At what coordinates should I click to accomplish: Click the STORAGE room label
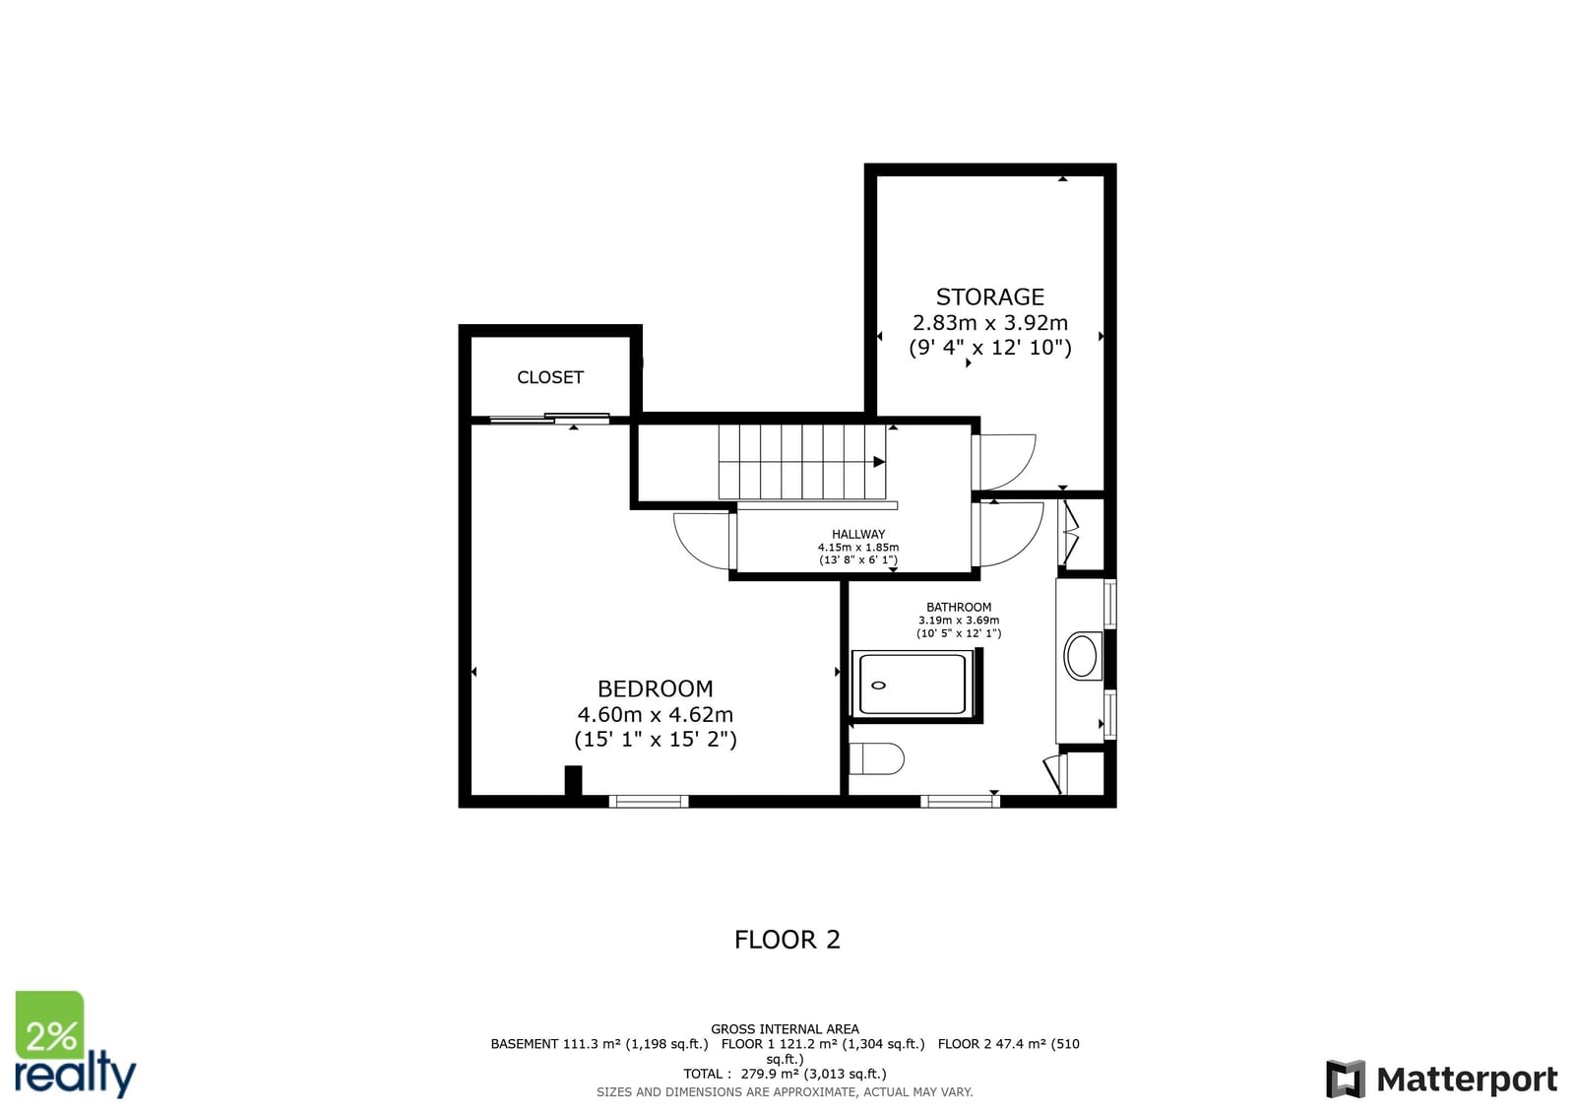(x=989, y=297)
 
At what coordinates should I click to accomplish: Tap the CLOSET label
(x=550, y=378)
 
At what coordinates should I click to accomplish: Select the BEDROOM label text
(x=655, y=688)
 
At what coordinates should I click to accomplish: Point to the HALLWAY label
(x=857, y=534)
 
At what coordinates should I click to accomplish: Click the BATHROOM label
(x=959, y=607)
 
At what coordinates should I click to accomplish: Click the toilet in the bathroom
(x=876, y=759)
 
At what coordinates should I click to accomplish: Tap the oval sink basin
(x=1082, y=655)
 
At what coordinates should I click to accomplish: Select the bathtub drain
(x=878, y=685)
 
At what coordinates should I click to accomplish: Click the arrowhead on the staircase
(x=879, y=462)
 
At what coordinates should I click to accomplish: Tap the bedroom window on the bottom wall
(x=649, y=801)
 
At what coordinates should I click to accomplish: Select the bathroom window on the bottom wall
(x=960, y=801)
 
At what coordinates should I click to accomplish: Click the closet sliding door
(x=549, y=419)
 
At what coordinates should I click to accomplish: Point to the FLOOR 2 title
(x=787, y=941)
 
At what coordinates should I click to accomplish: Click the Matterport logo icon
(x=1345, y=1079)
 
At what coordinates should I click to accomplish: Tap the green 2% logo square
(x=49, y=1025)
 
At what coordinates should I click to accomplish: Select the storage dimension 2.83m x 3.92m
(x=990, y=323)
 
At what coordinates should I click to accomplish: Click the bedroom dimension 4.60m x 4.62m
(x=656, y=714)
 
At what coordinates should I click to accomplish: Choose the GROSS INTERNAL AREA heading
(x=785, y=1029)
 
